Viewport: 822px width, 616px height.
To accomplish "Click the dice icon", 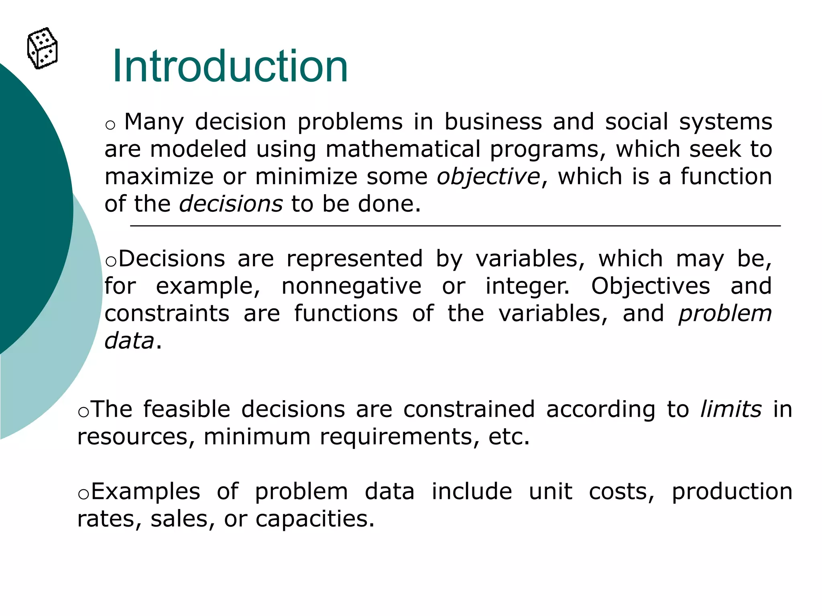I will pos(43,49).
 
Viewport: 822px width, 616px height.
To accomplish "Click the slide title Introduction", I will pos(230,66).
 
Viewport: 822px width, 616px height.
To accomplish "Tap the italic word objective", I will pos(488,177).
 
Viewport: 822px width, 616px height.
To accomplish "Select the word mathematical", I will pos(403,149).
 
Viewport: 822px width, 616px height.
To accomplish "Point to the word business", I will pos(493,122).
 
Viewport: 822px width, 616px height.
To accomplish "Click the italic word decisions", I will pos(231,204).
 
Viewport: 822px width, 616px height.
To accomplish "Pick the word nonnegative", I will pos(352,286).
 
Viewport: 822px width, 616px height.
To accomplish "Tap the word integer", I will pos(527,286).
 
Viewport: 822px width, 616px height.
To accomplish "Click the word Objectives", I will pos(651,286).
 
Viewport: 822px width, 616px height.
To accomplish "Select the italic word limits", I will pos(731,409).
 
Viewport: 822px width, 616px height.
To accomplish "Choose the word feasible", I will pos(187,409).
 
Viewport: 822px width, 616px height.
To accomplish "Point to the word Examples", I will pos(146,492).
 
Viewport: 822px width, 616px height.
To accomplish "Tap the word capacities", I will pos(315,519).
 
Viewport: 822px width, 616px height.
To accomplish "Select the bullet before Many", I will pos(110,125).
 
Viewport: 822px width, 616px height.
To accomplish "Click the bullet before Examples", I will pos(83,494).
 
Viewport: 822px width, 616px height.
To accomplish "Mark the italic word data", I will pos(129,341).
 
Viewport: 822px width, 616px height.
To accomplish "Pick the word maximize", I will pos(159,177).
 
